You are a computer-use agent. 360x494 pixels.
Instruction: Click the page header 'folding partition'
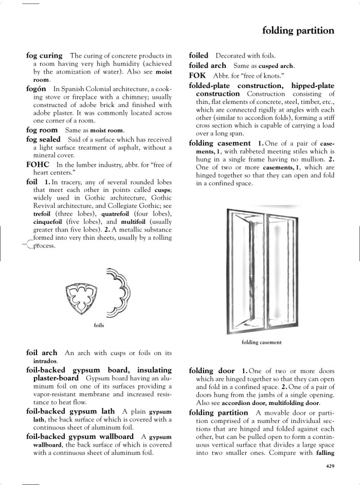click(298, 31)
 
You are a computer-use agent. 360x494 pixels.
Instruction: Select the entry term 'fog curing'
click(44, 56)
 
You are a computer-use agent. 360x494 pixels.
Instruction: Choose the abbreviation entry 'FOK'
click(197, 75)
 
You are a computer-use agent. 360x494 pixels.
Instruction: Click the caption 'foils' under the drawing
click(99, 325)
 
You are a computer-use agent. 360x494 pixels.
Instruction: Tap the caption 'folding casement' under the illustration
click(262, 342)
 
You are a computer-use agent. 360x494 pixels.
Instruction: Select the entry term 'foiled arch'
click(207, 65)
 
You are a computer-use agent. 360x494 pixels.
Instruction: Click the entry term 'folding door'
click(212, 371)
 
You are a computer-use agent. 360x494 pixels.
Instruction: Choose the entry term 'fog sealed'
click(43, 139)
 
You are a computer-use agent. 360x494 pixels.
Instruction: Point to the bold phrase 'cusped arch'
click(275, 66)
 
